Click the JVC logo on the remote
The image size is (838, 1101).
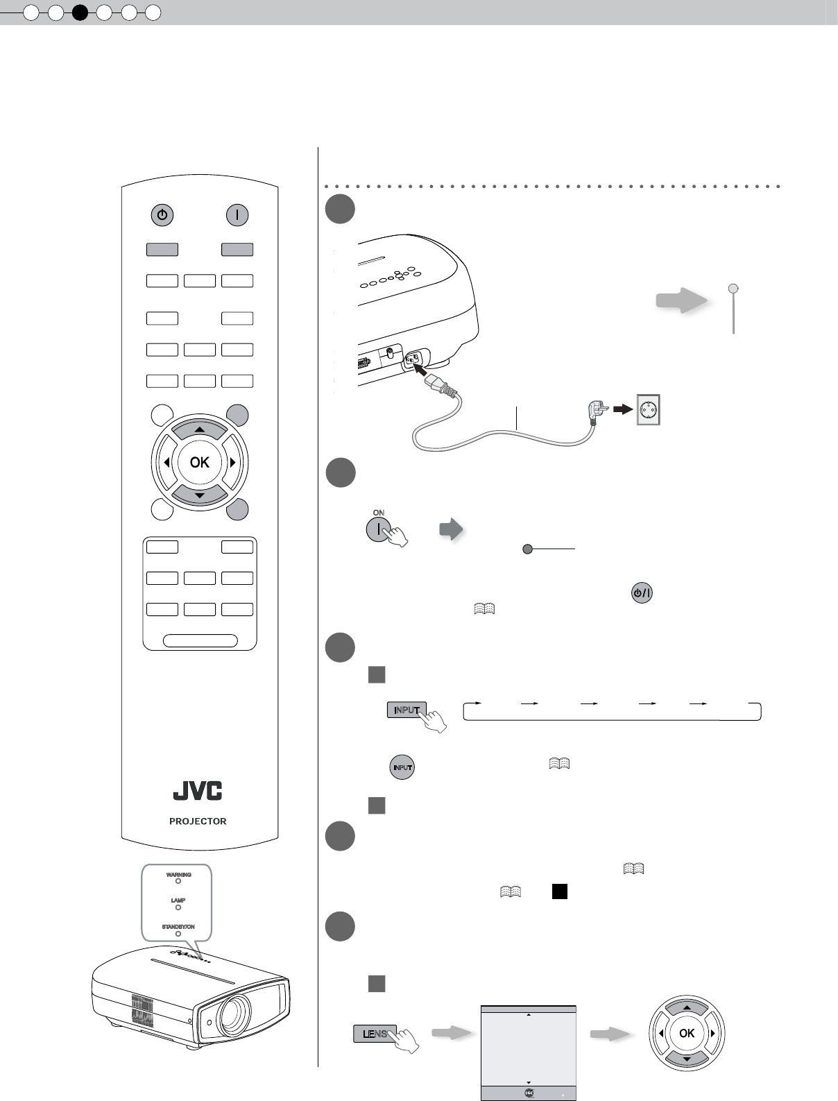click(198, 791)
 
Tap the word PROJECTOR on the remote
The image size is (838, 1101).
click(198, 821)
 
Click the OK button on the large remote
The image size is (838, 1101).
click(200, 462)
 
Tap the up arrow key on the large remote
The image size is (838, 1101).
click(200, 430)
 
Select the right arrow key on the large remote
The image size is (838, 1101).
click(232, 462)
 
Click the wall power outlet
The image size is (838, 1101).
click(649, 409)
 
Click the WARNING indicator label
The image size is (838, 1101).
click(178, 875)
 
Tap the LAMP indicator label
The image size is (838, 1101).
click(178, 901)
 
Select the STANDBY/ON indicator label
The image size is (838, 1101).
click(178, 927)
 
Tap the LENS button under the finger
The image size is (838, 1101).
click(375, 1034)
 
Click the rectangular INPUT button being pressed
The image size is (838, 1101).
click(407, 710)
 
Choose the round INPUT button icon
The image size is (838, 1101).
click(402, 767)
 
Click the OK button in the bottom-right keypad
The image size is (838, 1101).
click(687, 1033)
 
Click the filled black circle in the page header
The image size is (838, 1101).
click(80, 12)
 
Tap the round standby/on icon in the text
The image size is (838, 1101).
click(642, 594)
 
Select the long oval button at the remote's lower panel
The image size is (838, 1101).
click(200, 640)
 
